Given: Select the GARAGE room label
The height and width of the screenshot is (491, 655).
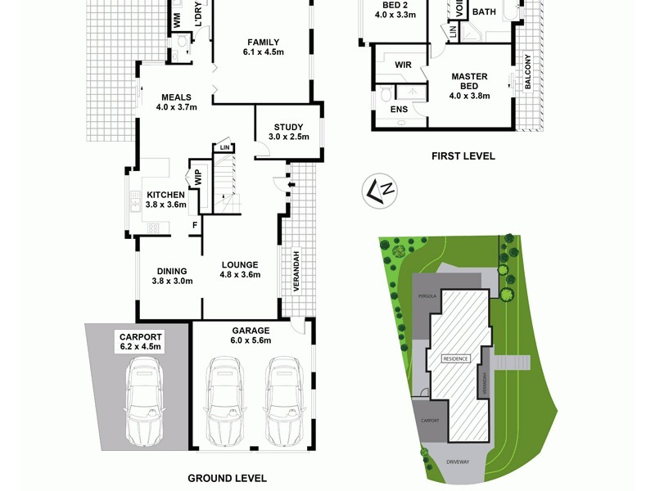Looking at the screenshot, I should [251, 331].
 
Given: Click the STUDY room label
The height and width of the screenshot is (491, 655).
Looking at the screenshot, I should [288, 127].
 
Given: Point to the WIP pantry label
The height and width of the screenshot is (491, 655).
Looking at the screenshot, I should [197, 177].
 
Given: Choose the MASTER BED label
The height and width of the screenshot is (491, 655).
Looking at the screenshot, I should [469, 82].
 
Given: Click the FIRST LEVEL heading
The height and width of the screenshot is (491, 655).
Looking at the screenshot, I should [463, 155].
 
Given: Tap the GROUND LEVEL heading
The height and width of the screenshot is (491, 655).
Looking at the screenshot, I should [227, 479].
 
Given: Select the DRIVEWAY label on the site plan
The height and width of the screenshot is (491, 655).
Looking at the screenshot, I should [458, 462].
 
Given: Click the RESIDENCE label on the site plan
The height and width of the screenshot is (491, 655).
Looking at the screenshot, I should [456, 358].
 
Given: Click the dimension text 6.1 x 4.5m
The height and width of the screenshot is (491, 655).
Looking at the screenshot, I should [263, 52].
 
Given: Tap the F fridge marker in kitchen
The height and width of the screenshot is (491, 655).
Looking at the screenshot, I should [194, 224].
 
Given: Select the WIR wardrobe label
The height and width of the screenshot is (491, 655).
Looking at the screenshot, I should [403, 64].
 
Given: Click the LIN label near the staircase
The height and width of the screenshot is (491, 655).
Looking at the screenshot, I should [224, 147].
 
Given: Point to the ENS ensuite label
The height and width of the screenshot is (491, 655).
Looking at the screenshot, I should [399, 109].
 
